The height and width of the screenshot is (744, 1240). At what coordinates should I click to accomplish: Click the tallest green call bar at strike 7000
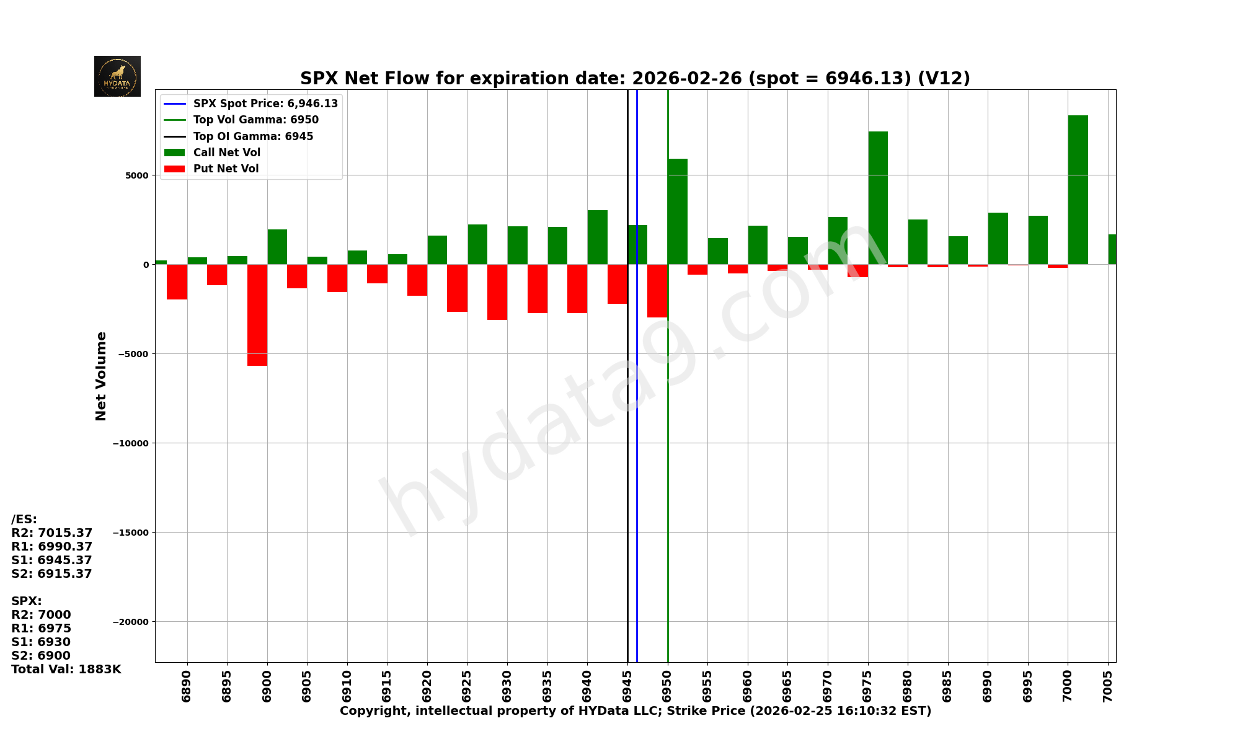[1078, 190]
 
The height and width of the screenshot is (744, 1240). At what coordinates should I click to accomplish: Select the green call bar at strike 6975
[878, 198]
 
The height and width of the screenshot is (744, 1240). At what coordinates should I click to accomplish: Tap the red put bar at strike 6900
[257, 315]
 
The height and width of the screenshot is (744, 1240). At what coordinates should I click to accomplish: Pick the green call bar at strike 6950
[678, 211]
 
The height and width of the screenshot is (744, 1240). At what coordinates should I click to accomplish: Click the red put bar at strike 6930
[497, 292]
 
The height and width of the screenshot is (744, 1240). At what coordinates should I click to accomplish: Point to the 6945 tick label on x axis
[627, 686]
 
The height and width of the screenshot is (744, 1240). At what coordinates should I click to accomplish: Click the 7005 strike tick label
[1108, 686]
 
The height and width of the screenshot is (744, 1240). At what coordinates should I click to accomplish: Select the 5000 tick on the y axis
[137, 175]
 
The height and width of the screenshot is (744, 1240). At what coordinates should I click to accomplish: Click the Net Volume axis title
[101, 376]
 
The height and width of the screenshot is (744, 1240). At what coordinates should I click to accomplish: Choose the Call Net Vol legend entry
[226, 153]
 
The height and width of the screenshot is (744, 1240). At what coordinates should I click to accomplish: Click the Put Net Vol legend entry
[226, 169]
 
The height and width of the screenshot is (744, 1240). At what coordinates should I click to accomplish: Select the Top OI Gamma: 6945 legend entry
[253, 136]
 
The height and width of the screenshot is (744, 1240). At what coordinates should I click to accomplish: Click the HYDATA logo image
[117, 76]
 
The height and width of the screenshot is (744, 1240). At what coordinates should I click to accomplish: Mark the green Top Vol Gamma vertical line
[668, 496]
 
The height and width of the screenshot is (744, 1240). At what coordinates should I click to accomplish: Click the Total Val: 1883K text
[66, 670]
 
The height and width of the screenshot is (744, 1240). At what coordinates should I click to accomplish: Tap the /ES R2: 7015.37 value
[52, 533]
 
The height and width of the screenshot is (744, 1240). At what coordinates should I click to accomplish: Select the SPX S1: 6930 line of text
[41, 642]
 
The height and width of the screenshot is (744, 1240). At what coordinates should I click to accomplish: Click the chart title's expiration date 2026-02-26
[687, 79]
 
